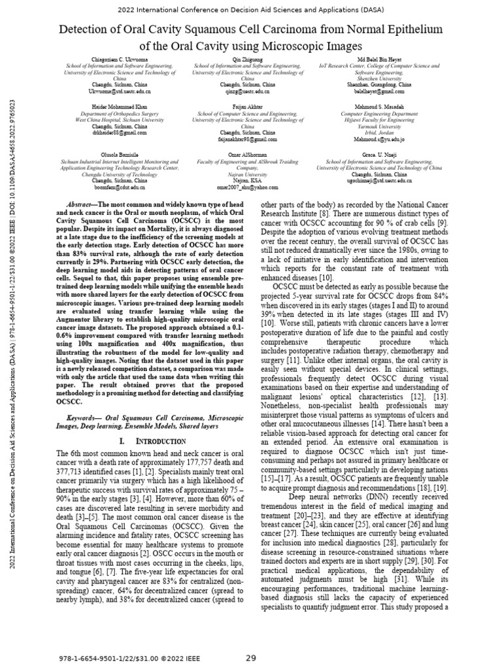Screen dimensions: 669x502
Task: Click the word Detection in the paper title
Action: [x=87, y=29]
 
